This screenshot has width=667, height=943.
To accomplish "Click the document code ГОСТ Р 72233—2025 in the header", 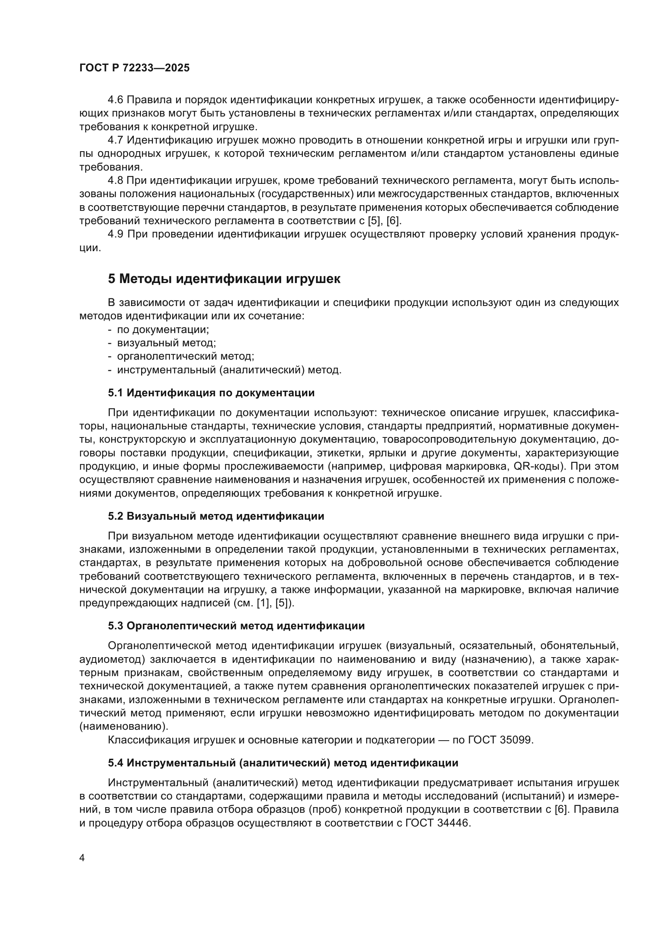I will pos(134,68).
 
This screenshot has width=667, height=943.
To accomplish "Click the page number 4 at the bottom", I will pos(82,858).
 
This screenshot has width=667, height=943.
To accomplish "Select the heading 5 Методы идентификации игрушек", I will pos(224,279).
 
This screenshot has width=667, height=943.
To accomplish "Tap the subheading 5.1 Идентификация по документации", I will pos(211,393).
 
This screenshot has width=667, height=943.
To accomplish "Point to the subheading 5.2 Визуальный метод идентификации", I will pos(216,516).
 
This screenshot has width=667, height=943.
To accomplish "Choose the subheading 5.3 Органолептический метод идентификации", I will pos(236,626).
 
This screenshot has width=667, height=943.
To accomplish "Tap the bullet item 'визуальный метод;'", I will pos(166,343).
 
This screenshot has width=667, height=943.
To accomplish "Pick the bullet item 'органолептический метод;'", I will pos(186,356).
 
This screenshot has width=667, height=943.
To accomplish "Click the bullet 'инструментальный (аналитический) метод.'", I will pos(229,370).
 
